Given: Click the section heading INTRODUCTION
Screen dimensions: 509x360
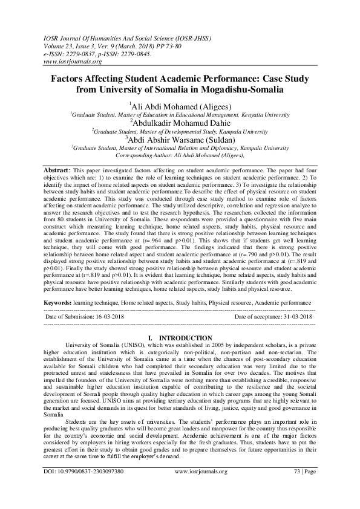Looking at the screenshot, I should point(185,337).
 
